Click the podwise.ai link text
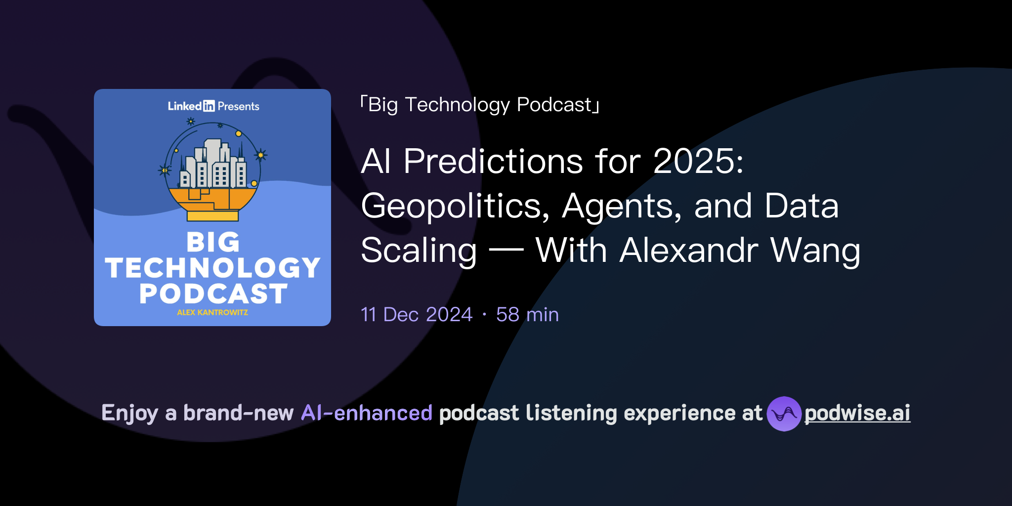[x=857, y=413]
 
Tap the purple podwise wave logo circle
[x=784, y=414]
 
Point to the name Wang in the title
[x=815, y=251]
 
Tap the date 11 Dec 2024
[x=417, y=315]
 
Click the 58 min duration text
[x=527, y=315]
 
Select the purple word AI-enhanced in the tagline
[x=367, y=413]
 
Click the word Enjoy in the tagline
[x=129, y=413]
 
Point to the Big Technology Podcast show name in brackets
[x=480, y=105]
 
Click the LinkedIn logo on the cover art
[x=191, y=106]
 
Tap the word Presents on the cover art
[x=238, y=106]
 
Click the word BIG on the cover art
[x=213, y=243]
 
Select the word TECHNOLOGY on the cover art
[x=213, y=268]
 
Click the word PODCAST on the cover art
[x=213, y=294]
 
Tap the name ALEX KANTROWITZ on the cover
[x=212, y=312]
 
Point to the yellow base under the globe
[x=212, y=216]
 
